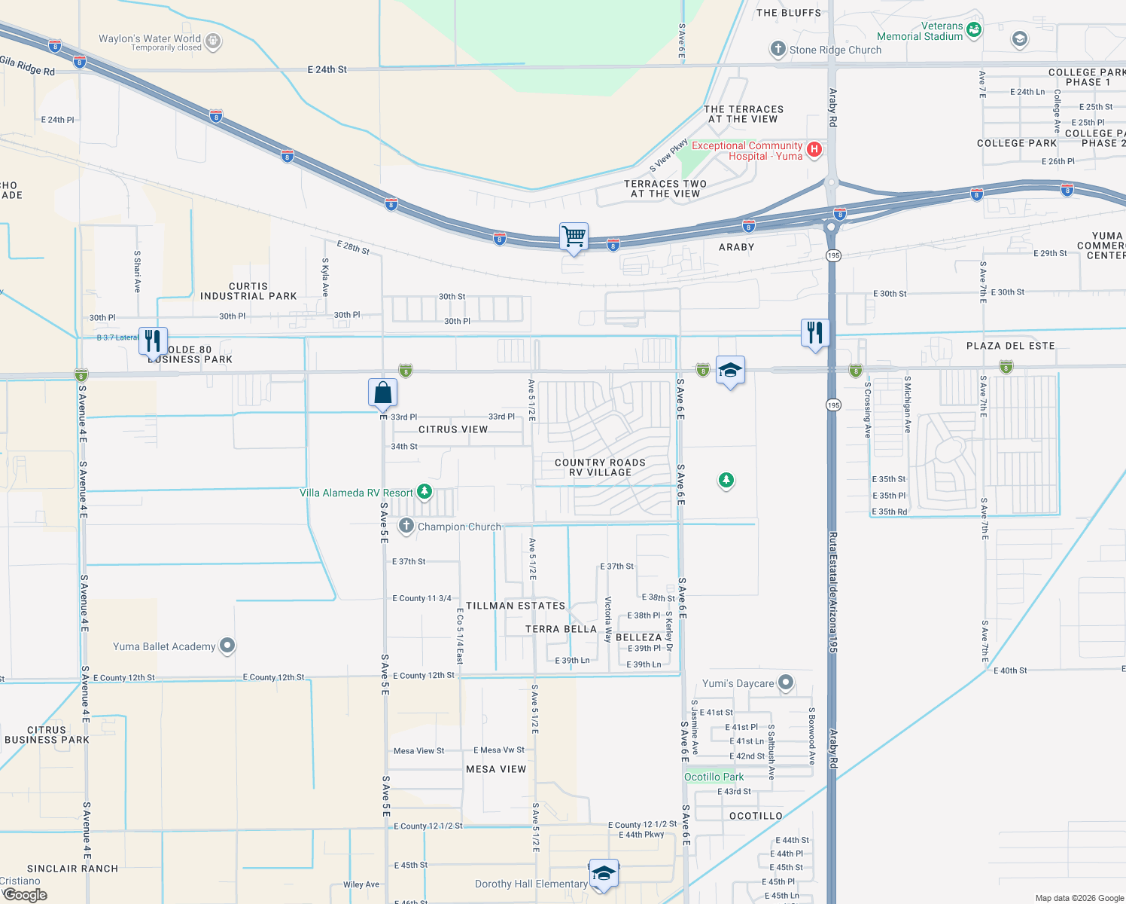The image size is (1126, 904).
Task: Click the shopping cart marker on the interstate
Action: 574,237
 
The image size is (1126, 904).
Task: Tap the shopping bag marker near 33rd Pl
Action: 382,392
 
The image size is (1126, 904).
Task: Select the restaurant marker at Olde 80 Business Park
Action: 153,341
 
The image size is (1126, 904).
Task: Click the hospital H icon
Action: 814,149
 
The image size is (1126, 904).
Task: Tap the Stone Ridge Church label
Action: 835,50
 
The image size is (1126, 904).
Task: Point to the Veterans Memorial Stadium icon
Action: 974,30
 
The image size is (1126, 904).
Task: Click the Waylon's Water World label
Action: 150,39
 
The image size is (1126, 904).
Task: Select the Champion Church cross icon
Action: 406,526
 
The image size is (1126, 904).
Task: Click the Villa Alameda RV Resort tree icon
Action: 425,492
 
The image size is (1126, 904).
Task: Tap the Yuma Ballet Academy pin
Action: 227,646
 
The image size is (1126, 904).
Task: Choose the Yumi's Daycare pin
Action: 786,683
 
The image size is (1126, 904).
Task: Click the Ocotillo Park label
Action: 714,777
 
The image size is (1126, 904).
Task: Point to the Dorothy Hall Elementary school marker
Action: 604,873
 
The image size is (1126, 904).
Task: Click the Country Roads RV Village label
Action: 600,468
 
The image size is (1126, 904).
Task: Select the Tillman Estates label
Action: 515,606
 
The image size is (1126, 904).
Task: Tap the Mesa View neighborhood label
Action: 496,769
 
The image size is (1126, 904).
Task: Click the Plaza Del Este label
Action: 1010,346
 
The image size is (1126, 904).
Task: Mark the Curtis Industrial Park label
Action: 248,292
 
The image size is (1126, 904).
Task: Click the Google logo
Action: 25,895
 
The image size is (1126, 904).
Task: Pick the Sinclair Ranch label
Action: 72,869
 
